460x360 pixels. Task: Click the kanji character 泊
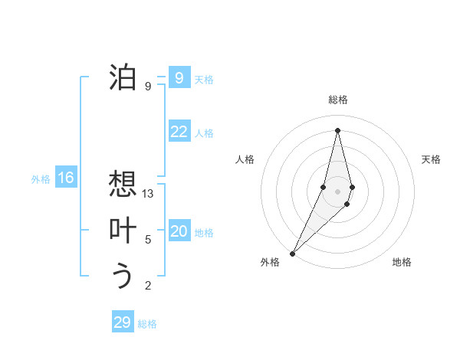[x=123, y=77]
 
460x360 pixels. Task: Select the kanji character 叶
[x=123, y=231]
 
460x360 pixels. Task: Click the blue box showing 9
[x=179, y=77]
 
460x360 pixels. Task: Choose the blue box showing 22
[x=179, y=132]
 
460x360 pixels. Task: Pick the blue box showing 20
[x=179, y=231]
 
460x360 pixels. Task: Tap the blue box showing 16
[x=66, y=178]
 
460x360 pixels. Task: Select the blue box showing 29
[x=123, y=322]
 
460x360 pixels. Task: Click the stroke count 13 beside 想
[x=148, y=194]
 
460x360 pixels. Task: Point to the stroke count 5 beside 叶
[x=148, y=240]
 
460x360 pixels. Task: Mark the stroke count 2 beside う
[x=148, y=286]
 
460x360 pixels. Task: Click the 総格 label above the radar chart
[x=338, y=100]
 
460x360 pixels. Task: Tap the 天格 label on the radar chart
[x=432, y=159]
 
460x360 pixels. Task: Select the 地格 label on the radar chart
[x=402, y=262]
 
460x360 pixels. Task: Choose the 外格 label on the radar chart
[x=270, y=262]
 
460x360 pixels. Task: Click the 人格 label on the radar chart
[x=245, y=159]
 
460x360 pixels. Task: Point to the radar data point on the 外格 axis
[x=292, y=252]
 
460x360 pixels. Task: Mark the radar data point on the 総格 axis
[x=338, y=130]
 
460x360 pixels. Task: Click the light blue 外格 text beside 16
[x=41, y=179]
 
